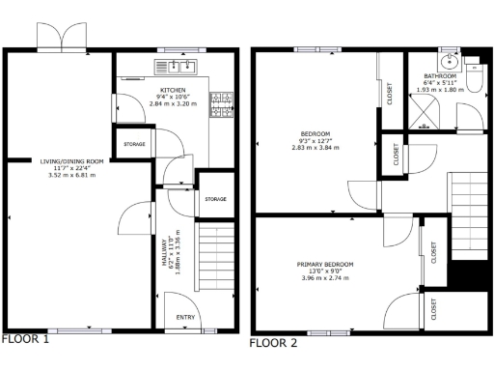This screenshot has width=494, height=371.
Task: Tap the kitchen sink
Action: (x=177, y=67)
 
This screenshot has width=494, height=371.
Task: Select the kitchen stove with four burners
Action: (x=223, y=104)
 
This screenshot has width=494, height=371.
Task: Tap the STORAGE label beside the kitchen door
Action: (x=134, y=145)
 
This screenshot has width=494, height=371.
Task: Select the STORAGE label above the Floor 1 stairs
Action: (x=215, y=199)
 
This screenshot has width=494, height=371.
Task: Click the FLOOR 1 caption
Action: (x=25, y=340)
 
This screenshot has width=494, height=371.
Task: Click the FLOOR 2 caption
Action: (x=274, y=342)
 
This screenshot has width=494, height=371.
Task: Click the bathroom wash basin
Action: (x=449, y=56)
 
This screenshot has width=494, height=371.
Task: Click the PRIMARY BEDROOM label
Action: (x=324, y=264)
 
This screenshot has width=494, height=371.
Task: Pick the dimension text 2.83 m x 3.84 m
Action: (x=316, y=148)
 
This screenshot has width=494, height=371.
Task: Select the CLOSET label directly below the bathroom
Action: (x=397, y=153)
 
